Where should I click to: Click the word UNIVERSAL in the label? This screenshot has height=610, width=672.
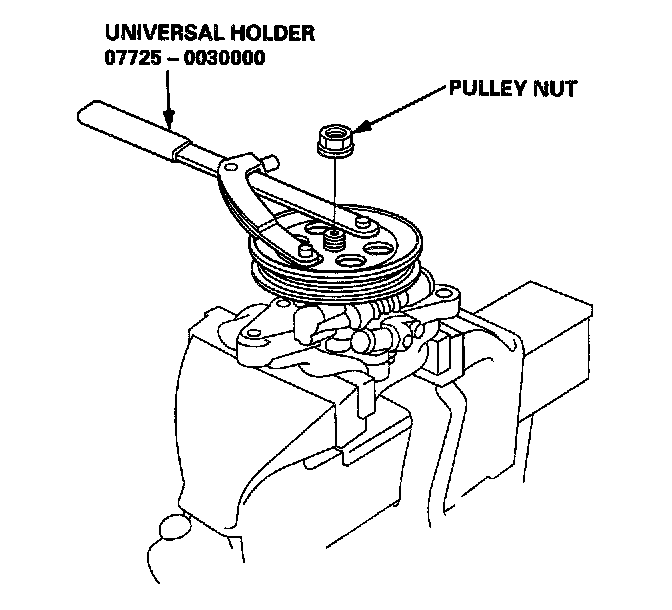click(154, 32)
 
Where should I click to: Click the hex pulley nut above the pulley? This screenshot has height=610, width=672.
click(334, 139)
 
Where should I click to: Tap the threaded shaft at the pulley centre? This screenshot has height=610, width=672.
click(334, 241)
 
